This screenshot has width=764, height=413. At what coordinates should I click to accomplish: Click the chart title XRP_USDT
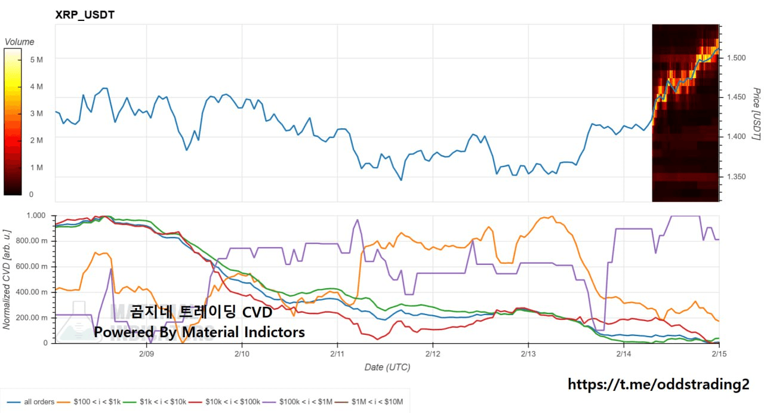pyautogui.click(x=85, y=15)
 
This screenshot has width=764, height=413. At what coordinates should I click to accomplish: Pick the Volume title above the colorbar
pyautogui.click(x=19, y=42)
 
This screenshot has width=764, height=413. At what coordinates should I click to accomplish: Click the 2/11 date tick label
pyautogui.click(x=337, y=353)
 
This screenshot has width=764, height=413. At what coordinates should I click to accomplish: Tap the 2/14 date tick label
pyautogui.click(x=623, y=353)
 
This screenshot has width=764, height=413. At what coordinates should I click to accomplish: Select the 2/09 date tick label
pyautogui.click(x=147, y=353)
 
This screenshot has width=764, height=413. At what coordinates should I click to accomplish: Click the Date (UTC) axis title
pyautogui.click(x=387, y=367)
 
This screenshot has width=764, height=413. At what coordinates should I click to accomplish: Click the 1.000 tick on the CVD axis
pyautogui.click(x=36, y=215)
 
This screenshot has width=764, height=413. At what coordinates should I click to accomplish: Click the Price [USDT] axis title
pyautogui.click(x=756, y=114)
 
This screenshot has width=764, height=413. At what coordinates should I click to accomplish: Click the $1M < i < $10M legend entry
pyautogui.click(x=376, y=402)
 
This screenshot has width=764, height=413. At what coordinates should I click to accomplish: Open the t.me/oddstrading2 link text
pyautogui.click(x=658, y=384)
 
